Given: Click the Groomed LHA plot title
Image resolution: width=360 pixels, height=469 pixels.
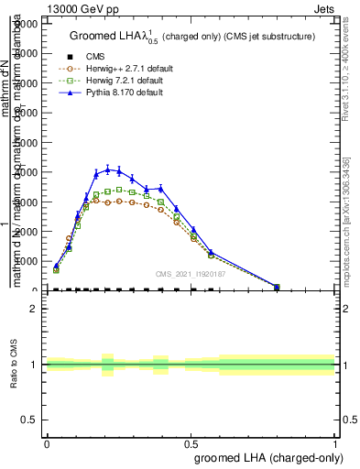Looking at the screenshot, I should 191,36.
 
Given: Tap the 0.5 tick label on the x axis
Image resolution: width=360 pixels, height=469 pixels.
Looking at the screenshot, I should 191,442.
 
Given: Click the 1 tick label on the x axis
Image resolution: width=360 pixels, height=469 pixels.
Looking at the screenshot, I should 334,442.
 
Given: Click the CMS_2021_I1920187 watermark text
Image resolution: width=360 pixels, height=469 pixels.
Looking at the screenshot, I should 191,274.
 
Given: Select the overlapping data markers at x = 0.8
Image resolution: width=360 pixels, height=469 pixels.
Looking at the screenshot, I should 277,287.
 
